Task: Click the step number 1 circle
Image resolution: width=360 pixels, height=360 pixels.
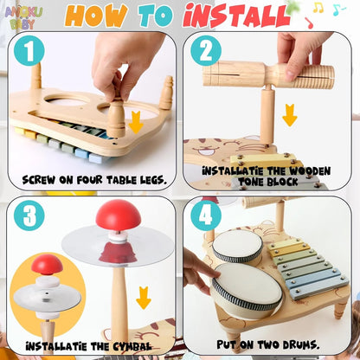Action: point(29,53)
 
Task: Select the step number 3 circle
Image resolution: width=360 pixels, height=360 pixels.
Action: point(29,216)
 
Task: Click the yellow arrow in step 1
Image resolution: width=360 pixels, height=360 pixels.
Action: point(135,122)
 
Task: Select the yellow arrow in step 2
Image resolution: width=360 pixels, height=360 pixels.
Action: point(289,114)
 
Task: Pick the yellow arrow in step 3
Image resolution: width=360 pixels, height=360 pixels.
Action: point(144,299)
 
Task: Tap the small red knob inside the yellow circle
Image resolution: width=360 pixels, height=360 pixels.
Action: point(47,264)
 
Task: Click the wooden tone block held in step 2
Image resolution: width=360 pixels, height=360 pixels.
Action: point(268,75)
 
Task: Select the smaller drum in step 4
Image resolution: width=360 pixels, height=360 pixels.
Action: point(236,245)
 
